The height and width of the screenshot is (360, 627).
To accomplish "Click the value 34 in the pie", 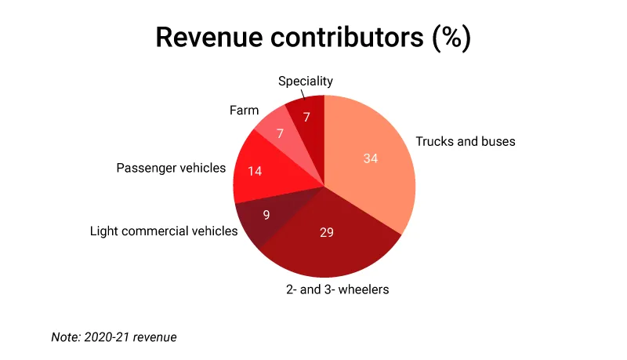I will [x=371, y=158].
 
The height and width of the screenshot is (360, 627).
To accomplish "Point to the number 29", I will [x=328, y=232].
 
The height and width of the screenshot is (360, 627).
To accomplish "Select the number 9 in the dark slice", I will [x=266, y=214].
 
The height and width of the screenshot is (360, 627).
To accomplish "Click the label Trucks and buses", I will [x=465, y=142].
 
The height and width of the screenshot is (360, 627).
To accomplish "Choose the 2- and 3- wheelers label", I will [x=337, y=289].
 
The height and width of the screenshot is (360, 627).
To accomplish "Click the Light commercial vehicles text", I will [x=163, y=231].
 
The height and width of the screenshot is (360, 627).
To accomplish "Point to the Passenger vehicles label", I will [x=171, y=168].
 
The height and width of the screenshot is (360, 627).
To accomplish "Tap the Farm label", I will [x=244, y=111].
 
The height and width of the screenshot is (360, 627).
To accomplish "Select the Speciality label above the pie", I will [x=306, y=81].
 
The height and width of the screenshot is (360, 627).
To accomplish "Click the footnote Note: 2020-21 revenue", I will [x=114, y=337].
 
